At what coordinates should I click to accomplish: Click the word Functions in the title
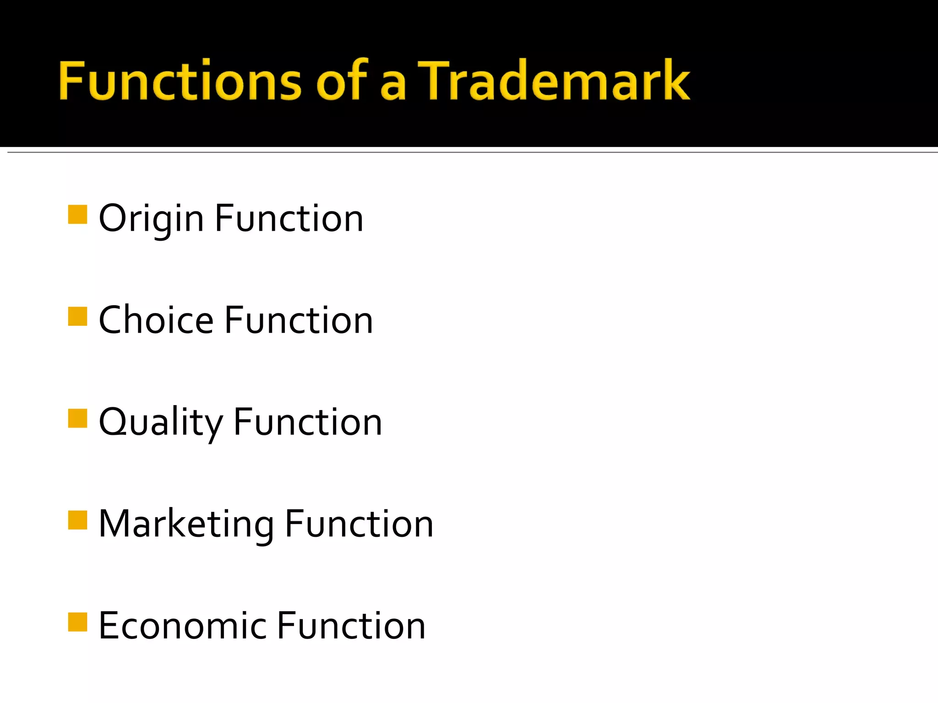[180, 81]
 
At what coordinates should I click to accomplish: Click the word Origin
[151, 219]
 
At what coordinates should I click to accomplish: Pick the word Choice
[156, 320]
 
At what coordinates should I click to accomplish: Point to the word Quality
[161, 422]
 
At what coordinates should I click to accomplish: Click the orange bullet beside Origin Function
[77, 214]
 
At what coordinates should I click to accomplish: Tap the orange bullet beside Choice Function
[77, 316]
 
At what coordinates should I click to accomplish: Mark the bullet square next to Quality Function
[77, 418]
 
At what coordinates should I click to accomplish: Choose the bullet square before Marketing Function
[77, 520]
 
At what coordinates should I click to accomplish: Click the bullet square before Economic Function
[77, 622]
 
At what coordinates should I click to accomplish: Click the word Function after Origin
[289, 219]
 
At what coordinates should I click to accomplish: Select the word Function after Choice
[299, 320]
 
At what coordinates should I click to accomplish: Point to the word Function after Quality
[308, 422]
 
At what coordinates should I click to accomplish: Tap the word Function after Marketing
[359, 524]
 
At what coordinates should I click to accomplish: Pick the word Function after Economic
[351, 626]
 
